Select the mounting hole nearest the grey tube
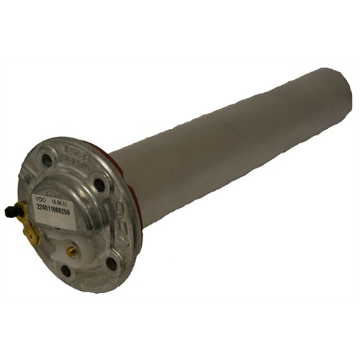pos(99,185)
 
